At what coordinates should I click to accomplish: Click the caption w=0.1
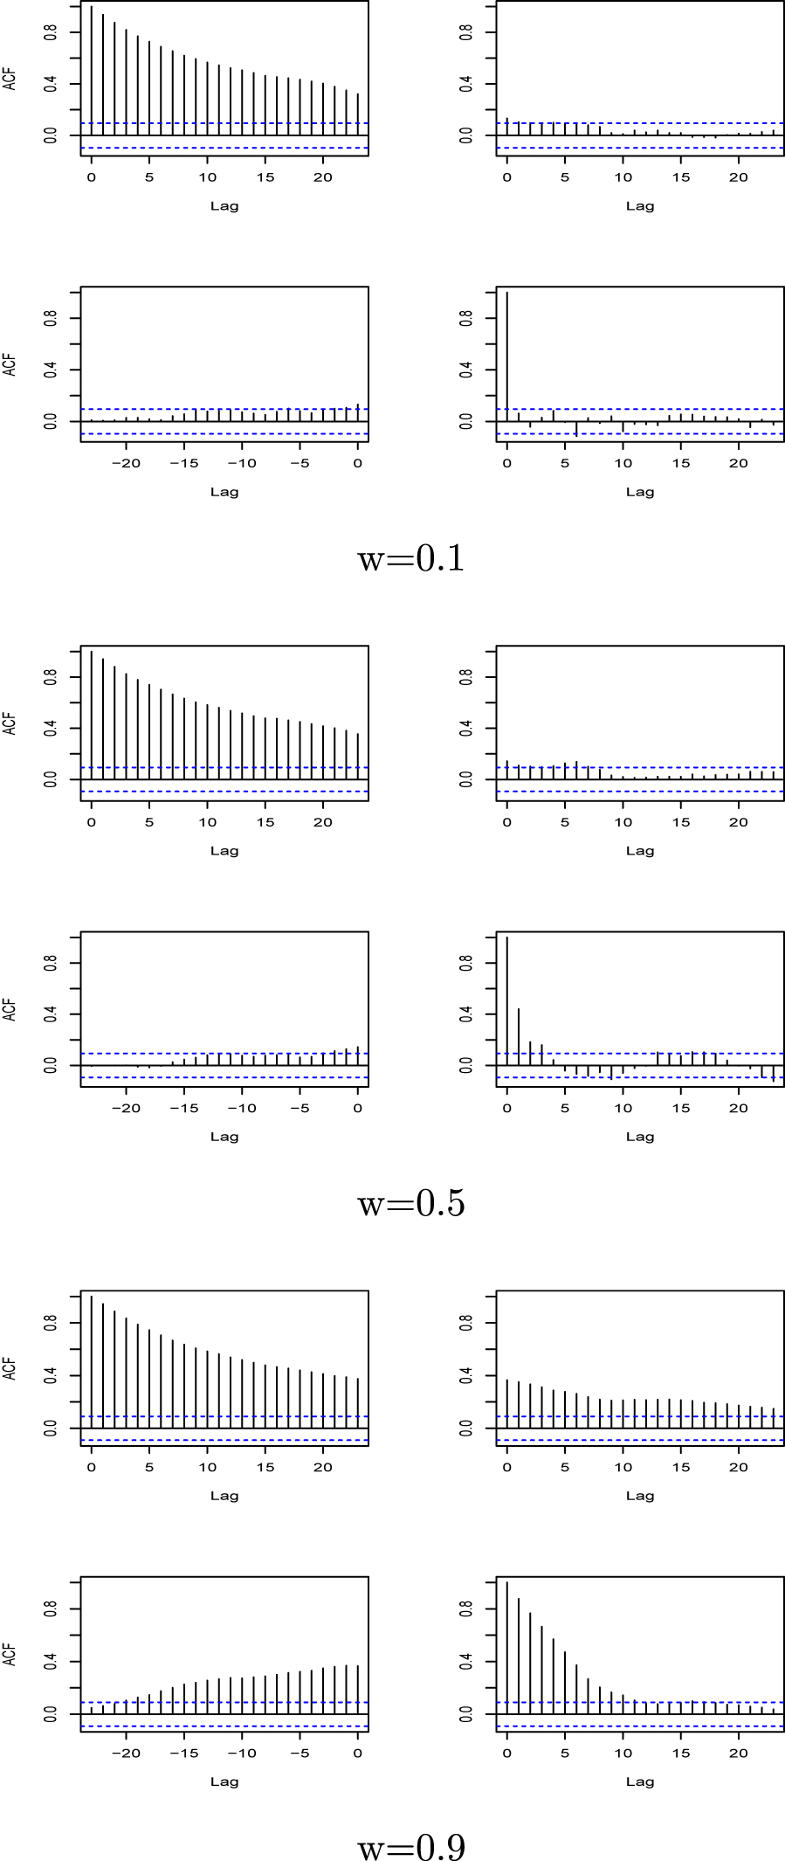(410, 559)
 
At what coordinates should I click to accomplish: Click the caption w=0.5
(410, 1204)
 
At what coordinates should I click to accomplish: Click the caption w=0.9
(410, 1848)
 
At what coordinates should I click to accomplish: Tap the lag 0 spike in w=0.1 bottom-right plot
(506, 358)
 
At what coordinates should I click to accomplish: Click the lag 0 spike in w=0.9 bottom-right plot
(506, 1647)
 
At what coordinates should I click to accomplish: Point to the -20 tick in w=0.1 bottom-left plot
(127, 463)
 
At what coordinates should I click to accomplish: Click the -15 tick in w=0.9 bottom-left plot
(184, 1753)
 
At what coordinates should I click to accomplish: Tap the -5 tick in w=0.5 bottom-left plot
(300, 1108)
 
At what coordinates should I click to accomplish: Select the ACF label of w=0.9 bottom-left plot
(10, 1654)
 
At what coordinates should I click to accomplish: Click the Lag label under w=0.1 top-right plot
(639, 206)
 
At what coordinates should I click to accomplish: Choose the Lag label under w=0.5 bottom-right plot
(639, 1137)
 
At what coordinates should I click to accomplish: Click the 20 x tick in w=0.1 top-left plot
(323, 177)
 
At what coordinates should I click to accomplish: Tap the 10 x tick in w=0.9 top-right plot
(623, 1467)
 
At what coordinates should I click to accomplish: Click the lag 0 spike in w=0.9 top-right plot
(506, 1403)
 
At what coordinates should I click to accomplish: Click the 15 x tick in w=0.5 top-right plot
(681, 822)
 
